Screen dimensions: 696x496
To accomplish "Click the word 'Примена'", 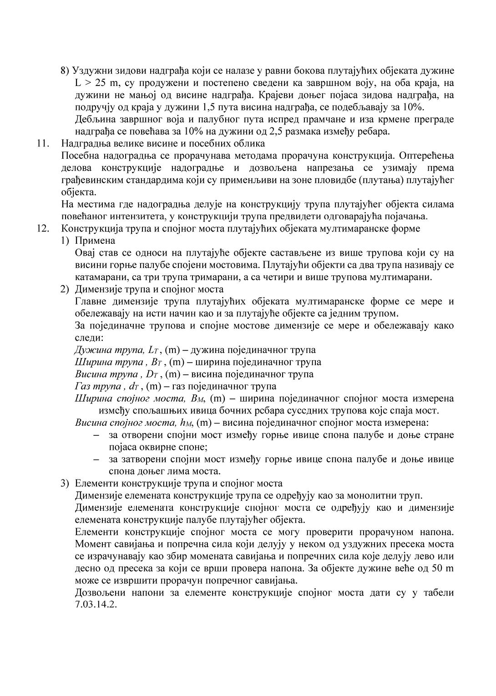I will (x=95, y=241).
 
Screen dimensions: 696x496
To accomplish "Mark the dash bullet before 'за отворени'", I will (x=96, y=435).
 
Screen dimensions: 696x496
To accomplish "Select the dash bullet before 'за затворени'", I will (x=96, y=459).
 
